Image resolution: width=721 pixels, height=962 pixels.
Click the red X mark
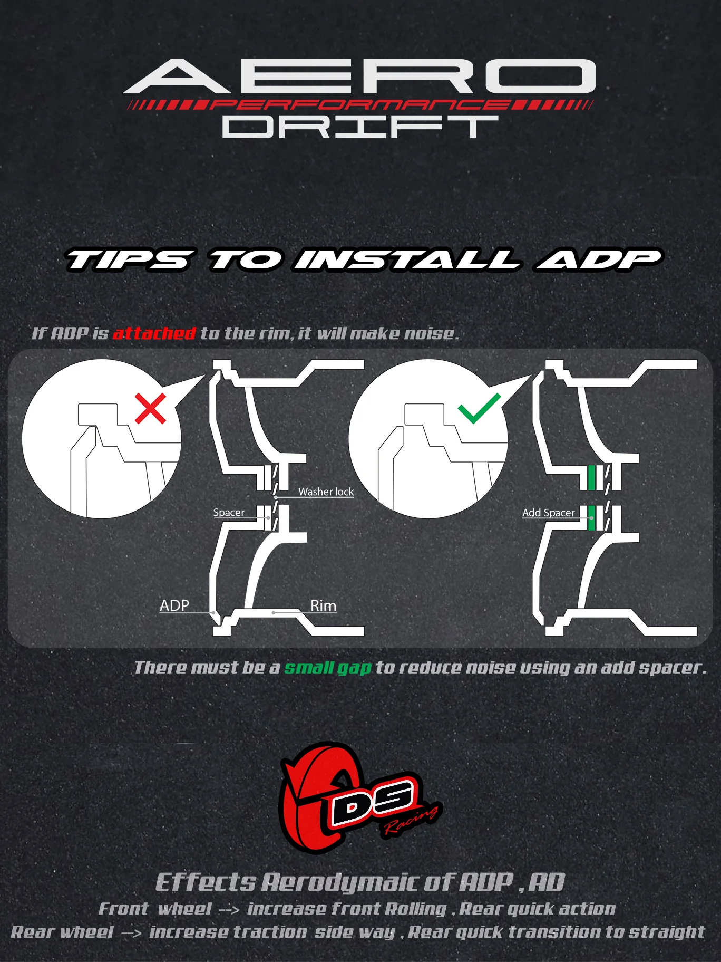pyautogui.click(x=150, y=408)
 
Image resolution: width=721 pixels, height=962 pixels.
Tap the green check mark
pyautogui.click(x=478, y=409)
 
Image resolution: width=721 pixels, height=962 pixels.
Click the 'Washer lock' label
pyautogui.click(x=326, y=492)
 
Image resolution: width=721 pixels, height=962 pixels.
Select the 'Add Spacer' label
pyautogui.click(x=548, y=513)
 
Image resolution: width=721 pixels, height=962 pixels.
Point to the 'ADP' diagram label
pyautogui.click(x=174, y=605)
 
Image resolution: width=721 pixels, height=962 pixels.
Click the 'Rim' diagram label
pyautogui.click(x=323, y=605)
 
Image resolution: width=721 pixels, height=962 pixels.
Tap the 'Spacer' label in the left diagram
pyautogui.click(x=229, y=513)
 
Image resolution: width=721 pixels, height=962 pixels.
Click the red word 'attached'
pyautogui.click(x=154, y=333)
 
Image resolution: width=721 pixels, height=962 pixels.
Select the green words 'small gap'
pyautogui.click(x=328, y=668)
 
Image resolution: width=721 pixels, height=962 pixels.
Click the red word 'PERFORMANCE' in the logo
pyautogui.click(x=360, y=104)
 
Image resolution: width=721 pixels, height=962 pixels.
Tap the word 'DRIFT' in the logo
pyautogui.click(x=360, y=127)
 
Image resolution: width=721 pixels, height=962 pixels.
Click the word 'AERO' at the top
pyautogui.click(x=360, y=76)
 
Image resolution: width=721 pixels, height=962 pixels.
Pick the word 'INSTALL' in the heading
pyautogui.click(x=407, y=260)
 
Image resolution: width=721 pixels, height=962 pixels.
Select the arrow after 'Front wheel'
pyautogui.click(x=229, y=910)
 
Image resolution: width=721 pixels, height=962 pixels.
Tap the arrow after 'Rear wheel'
pyautogui.click(x=132, y=933)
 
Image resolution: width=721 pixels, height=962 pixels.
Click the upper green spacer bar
pyautogui.click(x=592, y=477)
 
